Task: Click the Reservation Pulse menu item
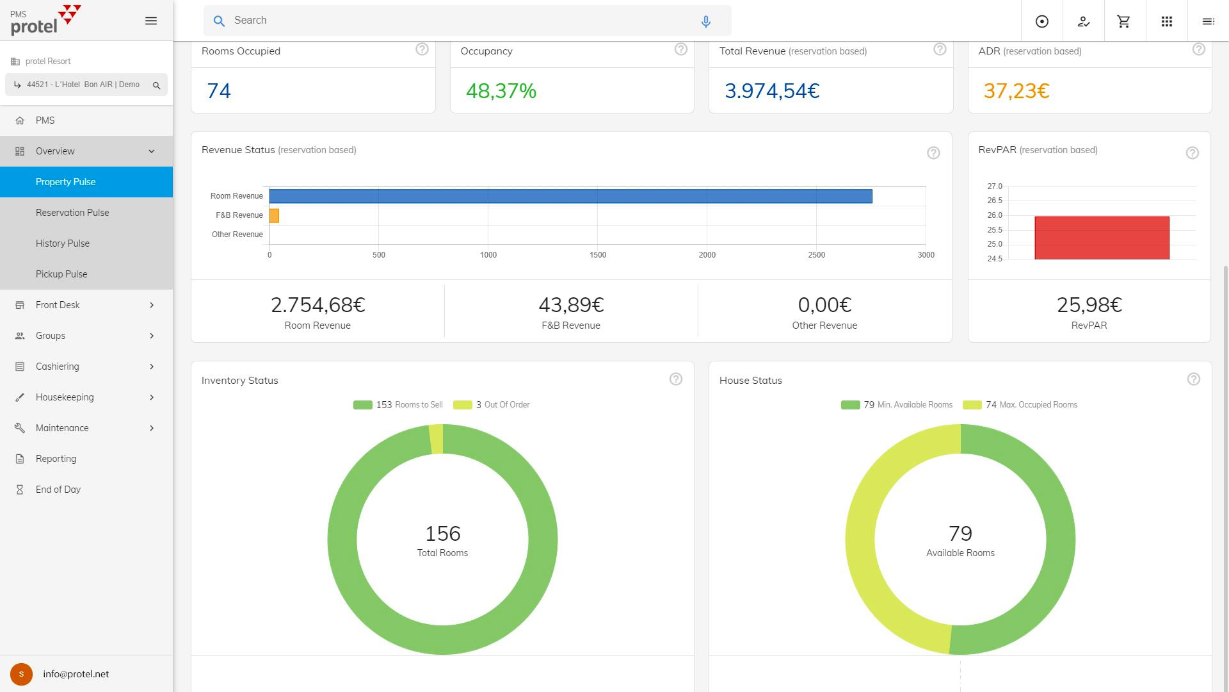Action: pyautogui.click(x=72, y=213)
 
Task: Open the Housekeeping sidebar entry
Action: pyautogui.click(x=65, y=397)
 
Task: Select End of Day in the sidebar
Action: pyautogui.click(x=58, y=490)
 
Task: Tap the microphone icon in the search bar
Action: pyautogui.click(x=705, y=22)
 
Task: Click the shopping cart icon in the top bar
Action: pyautogui.click(x=1123, y=22)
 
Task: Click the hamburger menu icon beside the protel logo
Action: pyautogui.click(x=151, y=21)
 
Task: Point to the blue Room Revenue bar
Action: pyautogui.click(x=570, y=196)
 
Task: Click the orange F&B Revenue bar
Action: pyautogui.click(x=274, y=215)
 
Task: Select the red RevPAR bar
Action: pyautogui.click(x=1102, y=238)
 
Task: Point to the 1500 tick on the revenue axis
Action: pyautogui.click(x=597, y=255)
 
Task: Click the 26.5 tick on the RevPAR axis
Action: pyautogui.click(x=995, y=201)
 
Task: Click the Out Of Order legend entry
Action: pyautogui.click(x=492, y=405)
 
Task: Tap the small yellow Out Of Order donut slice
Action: pyautogui.click(x=436, y=439)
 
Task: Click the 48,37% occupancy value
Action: pyautogui.click(x=501, y=91)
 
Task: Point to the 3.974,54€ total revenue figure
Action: pyautogui.click(x=772, y=91)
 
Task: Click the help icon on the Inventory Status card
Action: pyautogui.click(x=675, y=379)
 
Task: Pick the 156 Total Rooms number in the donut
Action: pyautogui.click(x=442, y=534)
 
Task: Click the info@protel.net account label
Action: pyautogui.click(x=76, y=674)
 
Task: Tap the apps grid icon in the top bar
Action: pyautogui.click(x=1166, y=22)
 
